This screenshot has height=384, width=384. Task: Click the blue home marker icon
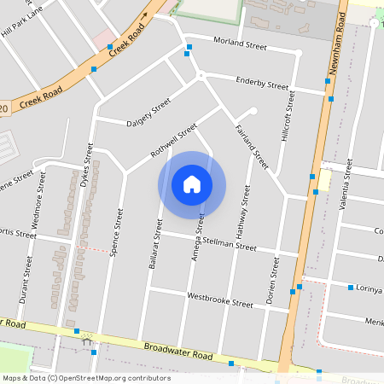coord(192,184)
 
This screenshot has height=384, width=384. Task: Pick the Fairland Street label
coord(252,146)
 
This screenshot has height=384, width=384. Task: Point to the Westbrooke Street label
coord(219,302)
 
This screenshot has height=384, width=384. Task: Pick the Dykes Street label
coord(86,165)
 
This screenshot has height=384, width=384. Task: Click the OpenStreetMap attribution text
coord(85,377)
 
